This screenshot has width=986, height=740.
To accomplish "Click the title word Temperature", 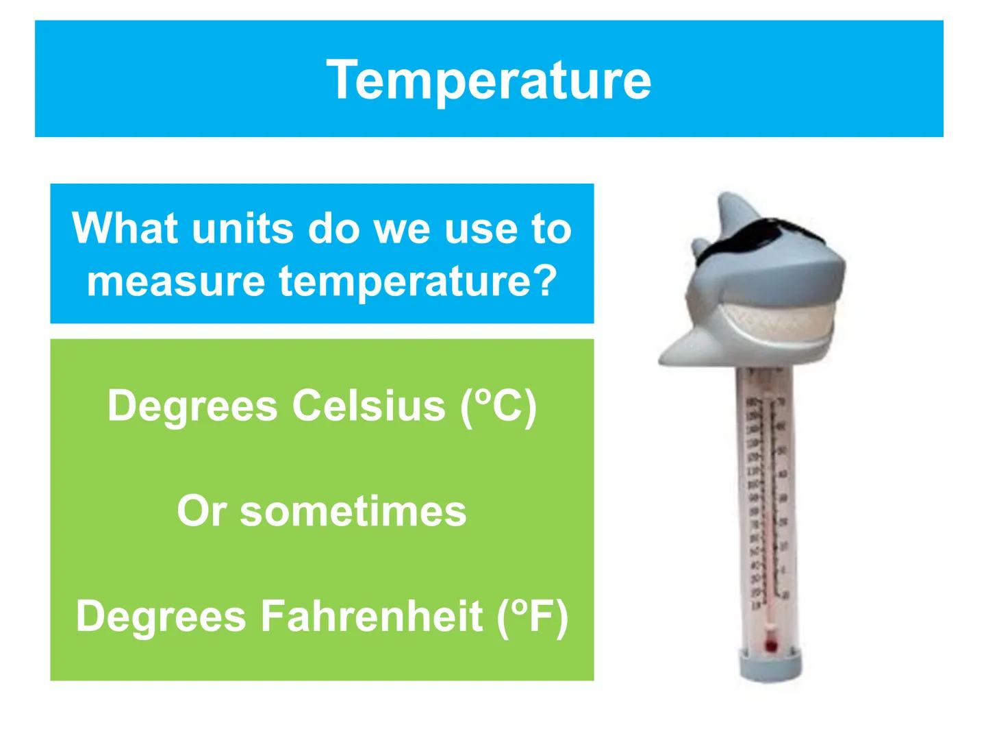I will tap(488, 79).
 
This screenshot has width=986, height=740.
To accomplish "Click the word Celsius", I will tap(369, 406).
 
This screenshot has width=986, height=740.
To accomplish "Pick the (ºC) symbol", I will tap(498, 406).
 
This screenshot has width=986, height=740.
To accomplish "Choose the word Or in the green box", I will tap(201, 511).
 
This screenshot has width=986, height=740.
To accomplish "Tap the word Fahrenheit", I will tap(372, 615).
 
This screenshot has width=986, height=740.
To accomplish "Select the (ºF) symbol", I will tap(532, 617).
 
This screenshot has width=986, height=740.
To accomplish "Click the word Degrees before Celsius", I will tap(192, 406).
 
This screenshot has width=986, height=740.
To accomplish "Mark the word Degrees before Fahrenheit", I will tap(161, 615).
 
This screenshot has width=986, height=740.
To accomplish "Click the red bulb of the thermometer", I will tap(771, 644).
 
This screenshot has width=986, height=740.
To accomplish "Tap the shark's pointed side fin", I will tap(678, 349).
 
